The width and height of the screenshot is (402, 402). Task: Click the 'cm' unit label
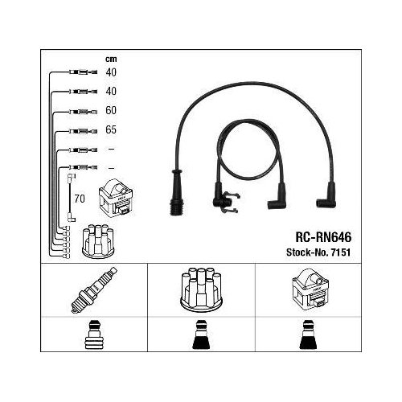[x=111, y=59]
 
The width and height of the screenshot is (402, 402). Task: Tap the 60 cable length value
[x=111, y=110]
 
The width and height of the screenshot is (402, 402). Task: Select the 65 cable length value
[x=111, y=129]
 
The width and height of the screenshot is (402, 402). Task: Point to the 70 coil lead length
[x=80, y=199]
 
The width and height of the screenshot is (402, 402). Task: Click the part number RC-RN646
[x=323, y=237]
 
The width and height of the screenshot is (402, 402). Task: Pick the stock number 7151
[x=341, y=252]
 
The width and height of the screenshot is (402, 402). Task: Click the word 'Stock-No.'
[x=307, y=252]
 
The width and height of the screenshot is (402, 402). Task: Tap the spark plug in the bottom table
[x=94, y=290]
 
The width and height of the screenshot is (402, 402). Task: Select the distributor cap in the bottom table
[x=201, y=289]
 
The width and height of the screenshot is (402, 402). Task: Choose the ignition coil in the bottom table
[x=310, y=289]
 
